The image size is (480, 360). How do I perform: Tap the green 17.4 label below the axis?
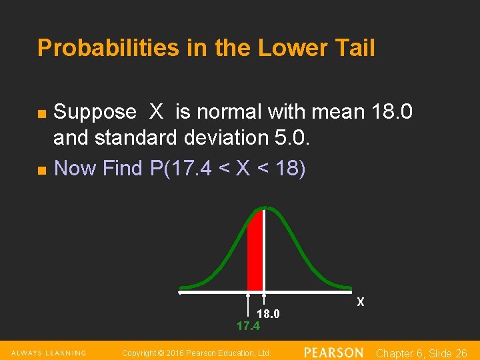coord(248,326)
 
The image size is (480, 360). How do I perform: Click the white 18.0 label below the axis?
coord(268,314)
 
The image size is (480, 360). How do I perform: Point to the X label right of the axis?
coord(361,302)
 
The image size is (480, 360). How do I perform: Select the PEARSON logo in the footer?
coord(333,352)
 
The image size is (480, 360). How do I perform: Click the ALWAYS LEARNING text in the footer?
coord(48,353)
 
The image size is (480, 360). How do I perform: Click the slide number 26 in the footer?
coord(460,353)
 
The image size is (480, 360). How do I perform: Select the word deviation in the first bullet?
coord(223,138)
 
